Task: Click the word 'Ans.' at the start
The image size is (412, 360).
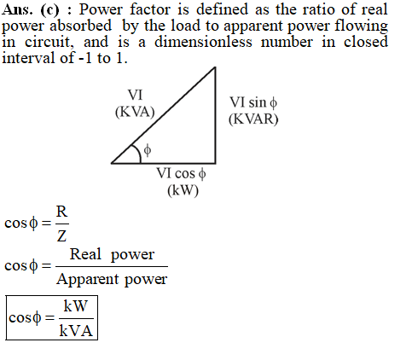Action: point(17,9)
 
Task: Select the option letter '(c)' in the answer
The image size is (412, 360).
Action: point(50,10)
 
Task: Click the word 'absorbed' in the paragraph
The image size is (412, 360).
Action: point(81,26)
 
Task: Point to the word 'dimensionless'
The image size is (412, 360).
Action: point(203,42)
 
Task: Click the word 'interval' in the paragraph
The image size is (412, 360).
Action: point(28,58)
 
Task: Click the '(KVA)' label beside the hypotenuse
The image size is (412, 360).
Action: point(135,112)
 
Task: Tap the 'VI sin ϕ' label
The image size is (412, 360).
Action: point(253,102)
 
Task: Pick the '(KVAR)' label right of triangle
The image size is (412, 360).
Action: point(253,119)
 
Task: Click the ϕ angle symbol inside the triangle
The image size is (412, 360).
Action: point(148,150)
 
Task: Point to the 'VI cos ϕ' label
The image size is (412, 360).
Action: point(181,173)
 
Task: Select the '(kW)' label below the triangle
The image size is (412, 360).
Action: point(183,190)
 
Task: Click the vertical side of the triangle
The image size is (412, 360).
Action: point(215,115)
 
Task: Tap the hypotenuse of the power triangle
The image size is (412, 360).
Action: point(163,115)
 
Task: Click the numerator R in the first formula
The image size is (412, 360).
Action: point(61,212)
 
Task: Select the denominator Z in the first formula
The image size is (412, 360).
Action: point(61,236)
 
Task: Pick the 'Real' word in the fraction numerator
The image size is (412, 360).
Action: point(85,254)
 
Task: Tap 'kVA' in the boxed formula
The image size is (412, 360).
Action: point(76,331)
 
